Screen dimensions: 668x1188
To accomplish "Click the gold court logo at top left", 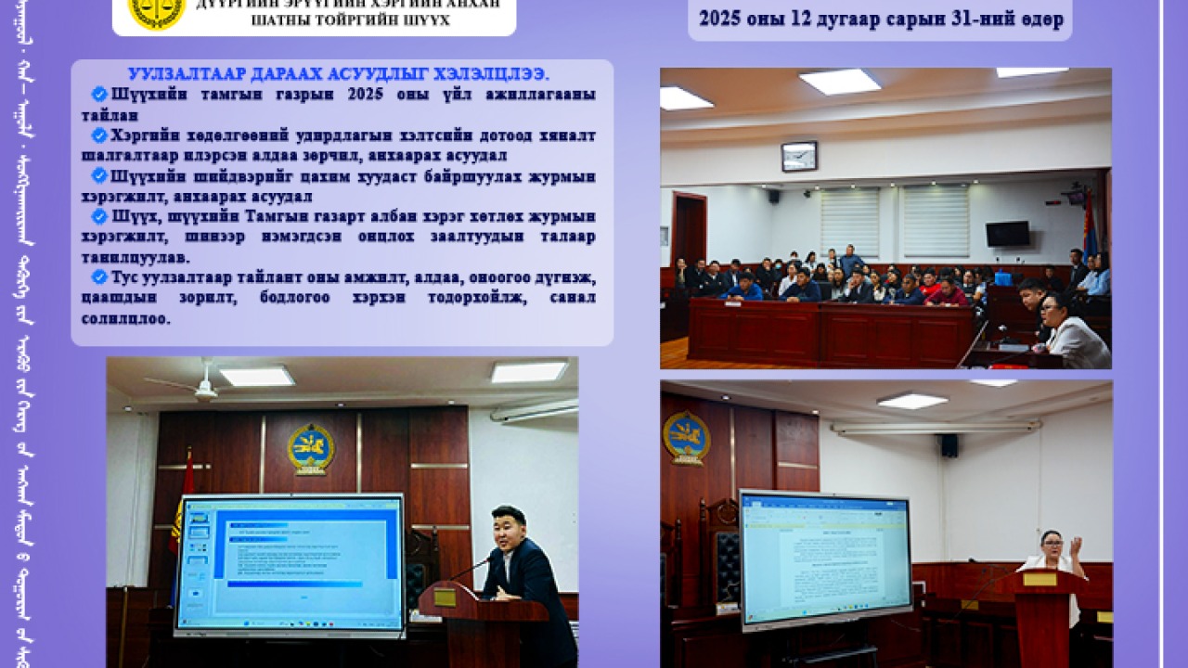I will coord(156,10).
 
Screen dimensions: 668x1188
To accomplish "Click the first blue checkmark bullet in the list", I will coord(99,94).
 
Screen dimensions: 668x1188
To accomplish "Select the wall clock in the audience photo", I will coord(799,156).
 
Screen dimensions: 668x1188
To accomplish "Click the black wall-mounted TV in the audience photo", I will coord(1007,234).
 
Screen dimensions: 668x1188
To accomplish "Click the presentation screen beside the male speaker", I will coord(291,564).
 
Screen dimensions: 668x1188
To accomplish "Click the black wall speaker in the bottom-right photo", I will coord(949,445).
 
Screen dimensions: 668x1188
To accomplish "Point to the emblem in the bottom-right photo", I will coord(686,437).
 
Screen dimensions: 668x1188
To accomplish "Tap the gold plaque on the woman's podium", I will coord(1039,579).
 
